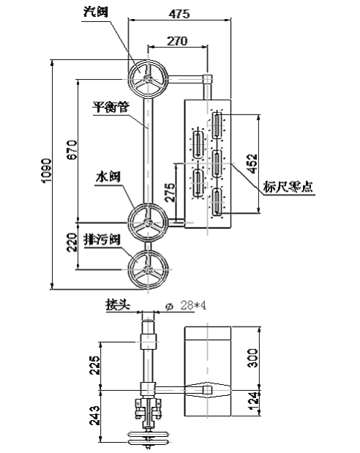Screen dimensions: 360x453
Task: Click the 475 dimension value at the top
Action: point(179,13)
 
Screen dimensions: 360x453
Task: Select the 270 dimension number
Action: point(177,41)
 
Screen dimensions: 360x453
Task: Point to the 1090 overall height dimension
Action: point(46,171)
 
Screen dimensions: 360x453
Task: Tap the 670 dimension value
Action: point(72,149)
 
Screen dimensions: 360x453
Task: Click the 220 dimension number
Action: point(72,242)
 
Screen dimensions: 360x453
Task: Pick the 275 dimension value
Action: point(170,192)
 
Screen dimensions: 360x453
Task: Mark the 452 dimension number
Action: point(252,164)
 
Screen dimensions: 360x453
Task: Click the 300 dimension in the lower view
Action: point(253,358)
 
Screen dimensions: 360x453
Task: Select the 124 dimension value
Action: point(253,401)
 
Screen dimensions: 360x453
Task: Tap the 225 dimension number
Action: point(94,365)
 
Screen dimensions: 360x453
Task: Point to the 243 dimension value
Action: point(94,416)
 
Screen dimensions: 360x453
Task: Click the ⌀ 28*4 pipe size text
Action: point(186,305)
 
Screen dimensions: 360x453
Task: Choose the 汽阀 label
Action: point(96,12)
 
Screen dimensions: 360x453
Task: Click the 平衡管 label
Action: point(110,107)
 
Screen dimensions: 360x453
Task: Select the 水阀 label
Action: point(108,176)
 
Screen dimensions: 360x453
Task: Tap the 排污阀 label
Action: point(102,239)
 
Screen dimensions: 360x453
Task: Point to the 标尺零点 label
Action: point(288,187)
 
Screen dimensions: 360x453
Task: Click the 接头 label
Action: point(118,304)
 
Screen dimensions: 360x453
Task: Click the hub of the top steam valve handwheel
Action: point(148,78)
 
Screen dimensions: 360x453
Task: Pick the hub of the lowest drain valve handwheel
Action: point(149,270)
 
